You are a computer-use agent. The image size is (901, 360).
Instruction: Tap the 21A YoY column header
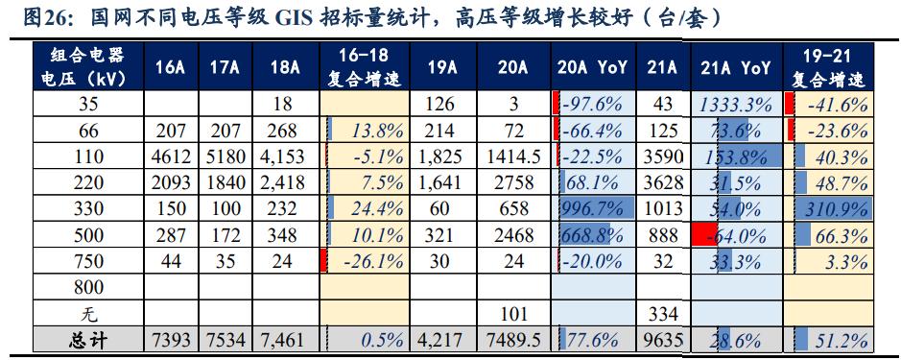coord(736,67)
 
